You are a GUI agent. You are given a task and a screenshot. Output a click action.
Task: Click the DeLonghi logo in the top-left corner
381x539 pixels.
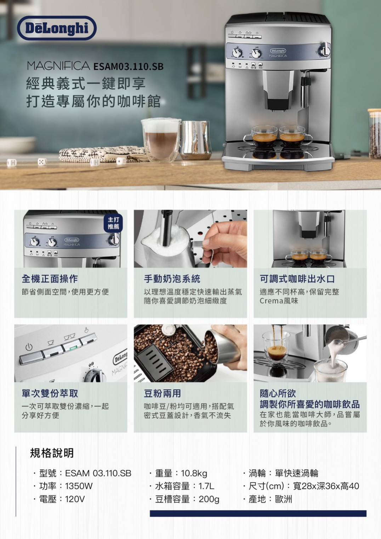click(x=57, y=28)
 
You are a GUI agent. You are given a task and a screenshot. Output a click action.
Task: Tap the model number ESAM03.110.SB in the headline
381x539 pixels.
click(x=129, y=67)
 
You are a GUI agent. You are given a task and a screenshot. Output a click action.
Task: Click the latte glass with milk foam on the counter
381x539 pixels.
click(x=161, y=140)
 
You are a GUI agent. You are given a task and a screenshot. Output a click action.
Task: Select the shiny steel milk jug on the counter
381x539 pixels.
click(x=196, y=140)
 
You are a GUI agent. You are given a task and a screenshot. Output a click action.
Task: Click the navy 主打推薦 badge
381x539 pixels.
click(x=113, y=223)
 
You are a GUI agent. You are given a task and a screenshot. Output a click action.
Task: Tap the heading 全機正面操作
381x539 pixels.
click(x=50, y=279)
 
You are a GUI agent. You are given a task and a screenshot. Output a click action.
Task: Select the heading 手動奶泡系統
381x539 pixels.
click(x=172, y=279)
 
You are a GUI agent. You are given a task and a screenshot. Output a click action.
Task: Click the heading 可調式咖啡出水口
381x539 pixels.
click(x=297, y=279)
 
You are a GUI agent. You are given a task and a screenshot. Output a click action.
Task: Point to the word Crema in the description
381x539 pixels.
click(x=271, y=301)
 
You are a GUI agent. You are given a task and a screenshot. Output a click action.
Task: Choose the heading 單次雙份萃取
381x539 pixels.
click(x=50, y=393)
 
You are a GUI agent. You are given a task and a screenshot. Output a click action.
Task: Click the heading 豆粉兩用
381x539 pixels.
click(x=163, y=393)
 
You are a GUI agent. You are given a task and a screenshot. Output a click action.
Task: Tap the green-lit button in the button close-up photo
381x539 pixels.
click(x=72, y=347)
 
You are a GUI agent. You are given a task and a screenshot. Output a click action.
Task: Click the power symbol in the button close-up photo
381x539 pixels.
click(x=29, y=347)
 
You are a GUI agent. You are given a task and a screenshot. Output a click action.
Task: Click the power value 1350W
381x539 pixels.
click(x=79, y=486)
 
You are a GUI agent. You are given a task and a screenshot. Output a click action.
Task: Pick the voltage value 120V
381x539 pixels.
click(x=75, y=499)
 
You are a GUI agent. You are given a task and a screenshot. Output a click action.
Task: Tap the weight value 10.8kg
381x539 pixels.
click(x=194, y=473)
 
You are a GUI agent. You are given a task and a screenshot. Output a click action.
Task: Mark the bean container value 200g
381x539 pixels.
click(x=209, y=499)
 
